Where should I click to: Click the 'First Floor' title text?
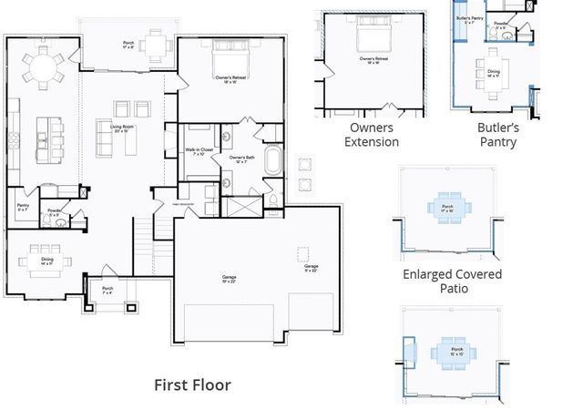191,384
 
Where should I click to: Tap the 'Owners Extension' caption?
373,135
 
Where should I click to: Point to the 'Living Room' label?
117,128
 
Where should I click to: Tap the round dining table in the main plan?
43,66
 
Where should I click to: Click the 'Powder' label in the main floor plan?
54,214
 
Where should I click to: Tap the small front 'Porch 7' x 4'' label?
107,291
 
